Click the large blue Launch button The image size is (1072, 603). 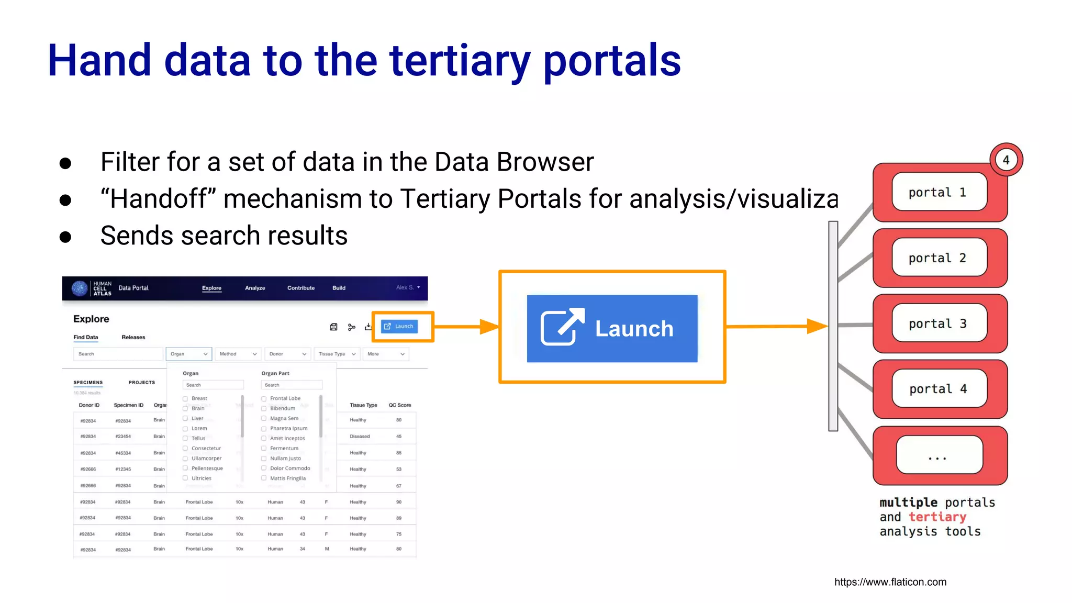pyautogui.click(x=612, y=329)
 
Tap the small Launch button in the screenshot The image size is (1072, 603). pyautogui.click(x=399, y=326)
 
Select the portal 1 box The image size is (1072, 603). pyautogui.click(x=939, y=192)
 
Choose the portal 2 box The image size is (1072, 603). pyautogui.click(x=939, y=258)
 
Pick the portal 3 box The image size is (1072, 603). pyautogui.click(x=939, y=323)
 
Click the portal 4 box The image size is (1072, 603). pyautogui.click(x=939, y=389)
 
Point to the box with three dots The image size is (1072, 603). pyautogui.click(x=939, y=455)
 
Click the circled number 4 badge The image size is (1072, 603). pyautogui.click(x=1006, y=160)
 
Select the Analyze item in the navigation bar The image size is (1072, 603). pyautogui.click(x=255, y=288)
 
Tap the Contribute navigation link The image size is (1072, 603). pyautogui.click(x=301, y=288)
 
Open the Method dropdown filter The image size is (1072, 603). pyautogui.click(x=238, y=354)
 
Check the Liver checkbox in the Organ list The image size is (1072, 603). pyautogui.click(x=185, y=418)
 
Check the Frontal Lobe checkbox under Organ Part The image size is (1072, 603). pyautogui.click(x=264, y=398)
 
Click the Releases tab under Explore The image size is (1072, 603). pyautogui.click(x=133, y=337)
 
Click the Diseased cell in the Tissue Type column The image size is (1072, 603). pyautogui.click(x=360, y=436)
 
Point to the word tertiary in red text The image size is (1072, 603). pyautogui.click(x=937, y=517)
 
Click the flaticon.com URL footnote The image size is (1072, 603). pyautogui.click(x=890, y=582)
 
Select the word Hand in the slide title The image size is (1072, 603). pyautogui.click(x=99, y=61)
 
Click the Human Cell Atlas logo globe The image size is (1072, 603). pyautogui.click(x=80, y=288)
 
